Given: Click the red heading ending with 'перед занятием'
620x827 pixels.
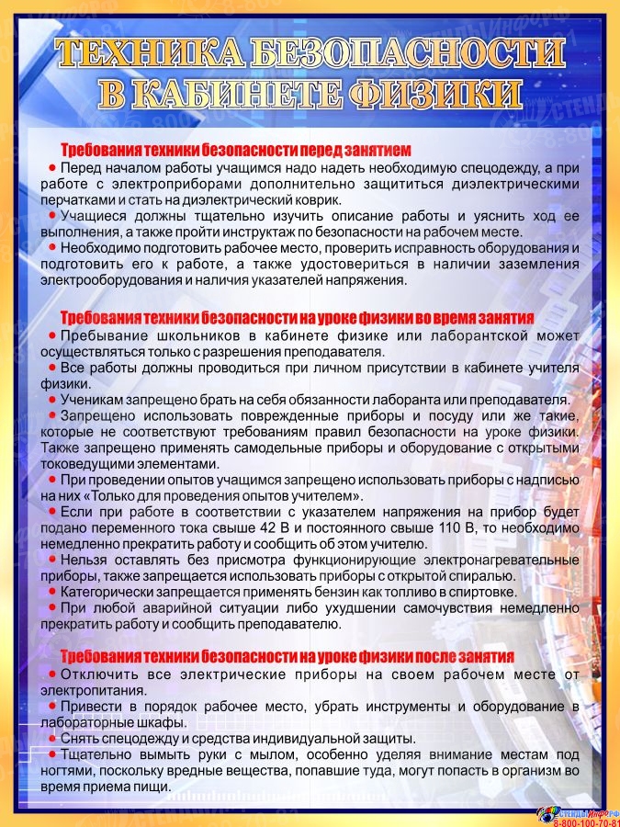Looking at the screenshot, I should coord(235,150).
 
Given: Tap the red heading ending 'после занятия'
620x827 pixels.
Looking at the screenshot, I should coord(287,657).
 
